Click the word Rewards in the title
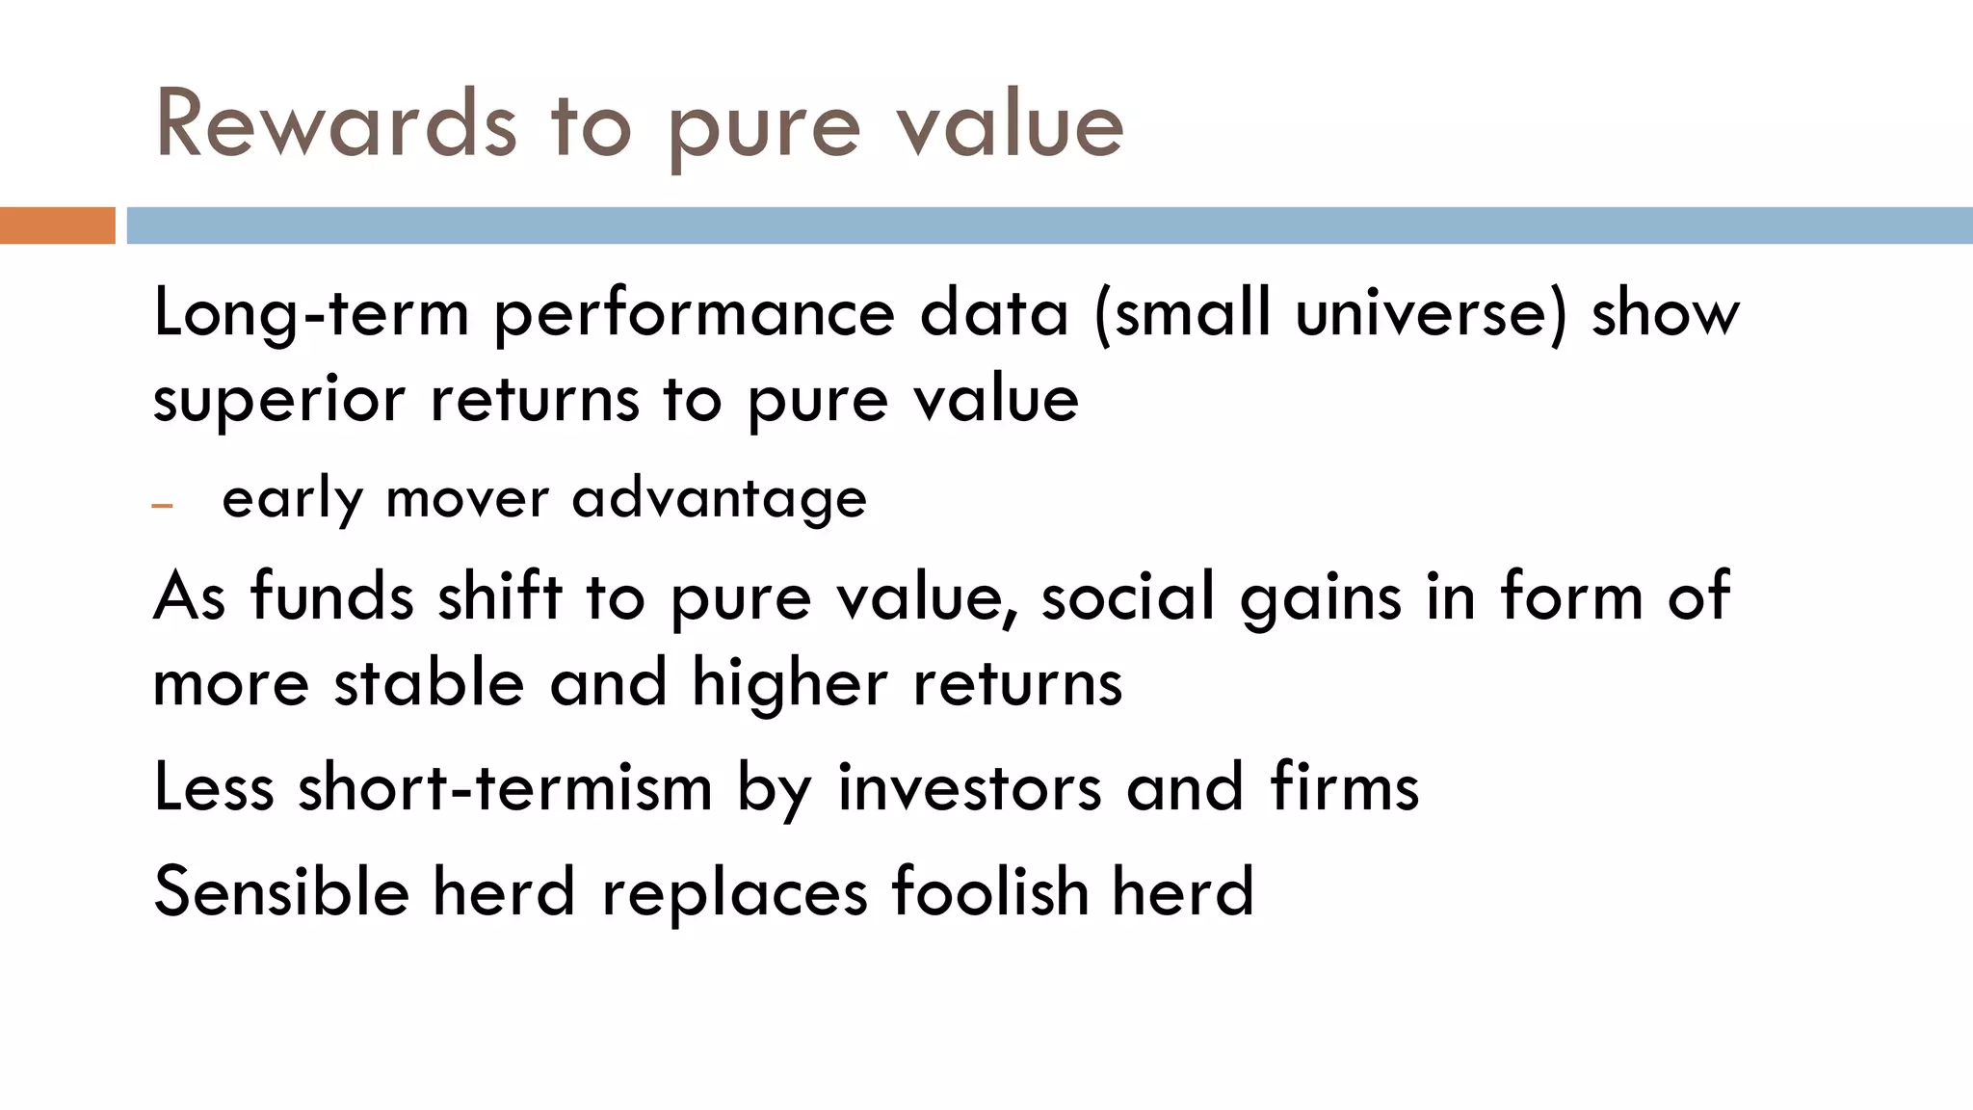coord(336,124)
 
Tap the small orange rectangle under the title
coord(57,225)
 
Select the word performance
coord(694,315)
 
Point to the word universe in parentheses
coord(1430,313)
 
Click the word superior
coord(278,401)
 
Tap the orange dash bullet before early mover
coord(162,505)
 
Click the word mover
coord(466,500)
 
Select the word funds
coord(332,596)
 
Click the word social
coord(1128,596)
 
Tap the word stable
coord(429,683)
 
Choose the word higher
coord(789,683)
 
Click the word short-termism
coord(505,787)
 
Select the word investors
coord(969,787)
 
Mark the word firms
coord(1344,787)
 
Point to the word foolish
coord(989,891)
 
